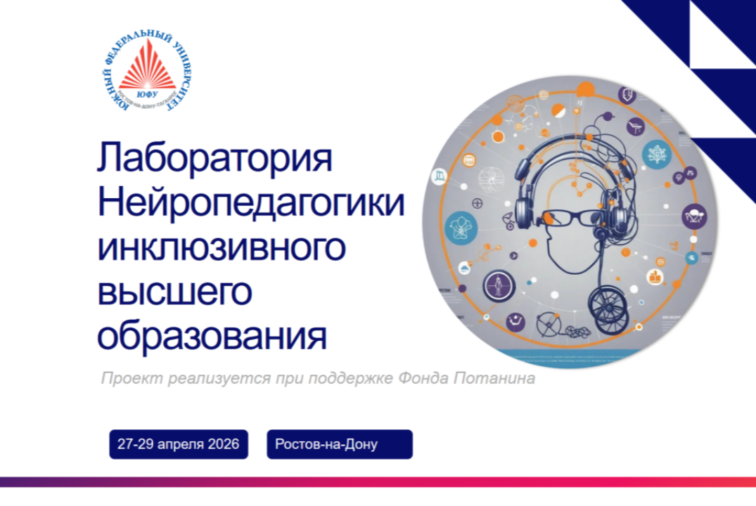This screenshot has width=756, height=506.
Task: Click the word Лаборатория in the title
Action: click(214, 160)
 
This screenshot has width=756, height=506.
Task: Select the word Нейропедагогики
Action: click(251, 205)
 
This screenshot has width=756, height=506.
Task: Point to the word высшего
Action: click(174, 292)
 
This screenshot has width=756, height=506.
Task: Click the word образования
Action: click(212, 337)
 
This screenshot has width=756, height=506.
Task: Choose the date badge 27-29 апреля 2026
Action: click(179, 444)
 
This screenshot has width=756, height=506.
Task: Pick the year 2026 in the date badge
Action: click(223, 444)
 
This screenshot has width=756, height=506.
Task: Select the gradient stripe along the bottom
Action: click(378, 482)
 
